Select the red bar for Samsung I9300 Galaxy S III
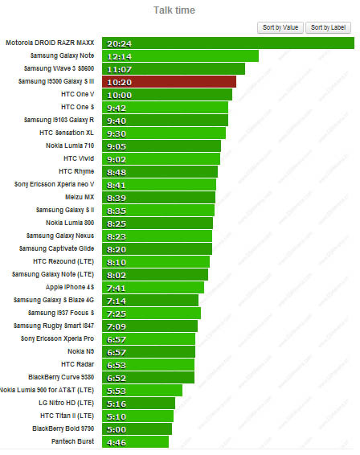[x=169, y=82]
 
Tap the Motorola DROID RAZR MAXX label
[x=52, y=43]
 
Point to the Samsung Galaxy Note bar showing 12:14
[x=180, y=56]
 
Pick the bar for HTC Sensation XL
[x=163, y=133]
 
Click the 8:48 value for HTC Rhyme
[x=117, y=171]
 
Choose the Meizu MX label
[x=80, y=196]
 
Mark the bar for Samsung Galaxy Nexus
[x=157, y=236]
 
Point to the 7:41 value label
[x=117, y=287]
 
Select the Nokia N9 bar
[x=149, y=351]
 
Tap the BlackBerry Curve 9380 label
[x=61, y=376]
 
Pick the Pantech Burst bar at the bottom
[x=135, y=441]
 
